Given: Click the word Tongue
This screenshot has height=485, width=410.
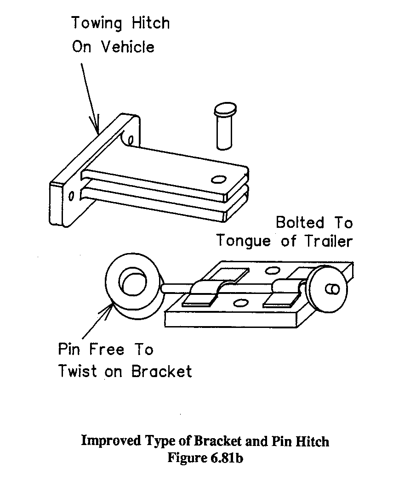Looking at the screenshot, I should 246,241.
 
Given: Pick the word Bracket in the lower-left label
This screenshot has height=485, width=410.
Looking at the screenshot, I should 161,371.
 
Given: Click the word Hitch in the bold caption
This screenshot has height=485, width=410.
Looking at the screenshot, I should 313,441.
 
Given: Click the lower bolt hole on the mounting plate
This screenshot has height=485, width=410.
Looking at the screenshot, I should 71,197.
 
